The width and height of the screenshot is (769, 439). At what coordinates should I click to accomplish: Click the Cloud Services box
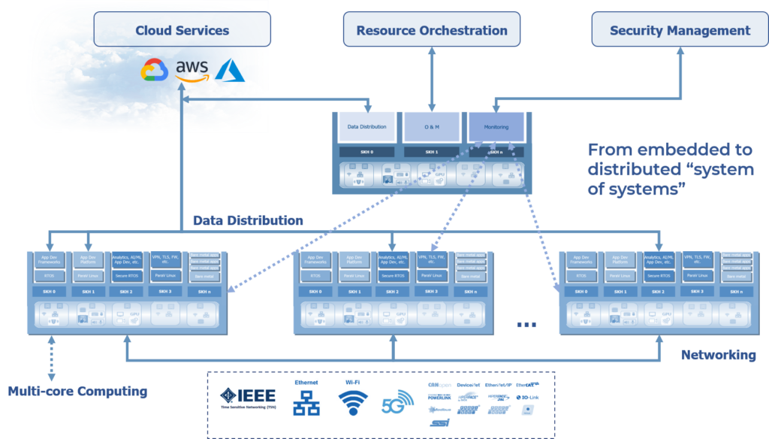(182, 30)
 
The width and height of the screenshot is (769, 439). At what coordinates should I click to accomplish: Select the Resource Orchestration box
(432, 30)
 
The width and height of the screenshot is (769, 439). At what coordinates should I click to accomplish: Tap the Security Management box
(680, 30)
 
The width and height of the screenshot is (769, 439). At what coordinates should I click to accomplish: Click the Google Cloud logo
(154, 71)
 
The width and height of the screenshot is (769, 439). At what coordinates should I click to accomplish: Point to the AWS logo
(192, 70)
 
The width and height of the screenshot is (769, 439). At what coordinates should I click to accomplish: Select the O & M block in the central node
(432, 127)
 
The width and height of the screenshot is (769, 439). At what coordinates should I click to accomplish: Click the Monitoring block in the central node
(496, 127)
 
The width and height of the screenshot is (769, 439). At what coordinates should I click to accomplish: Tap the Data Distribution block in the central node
(366, 127)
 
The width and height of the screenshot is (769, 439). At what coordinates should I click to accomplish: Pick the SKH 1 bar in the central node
(432, 152)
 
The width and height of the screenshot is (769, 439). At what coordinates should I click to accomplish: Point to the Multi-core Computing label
(77, 392)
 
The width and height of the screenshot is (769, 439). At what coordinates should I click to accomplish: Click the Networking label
(718, 355)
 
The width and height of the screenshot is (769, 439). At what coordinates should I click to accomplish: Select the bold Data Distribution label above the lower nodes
(248, 220)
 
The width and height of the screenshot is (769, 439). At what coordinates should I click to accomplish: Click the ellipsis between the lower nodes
(527, 324)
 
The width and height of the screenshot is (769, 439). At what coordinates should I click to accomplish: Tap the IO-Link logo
(528, 397)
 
